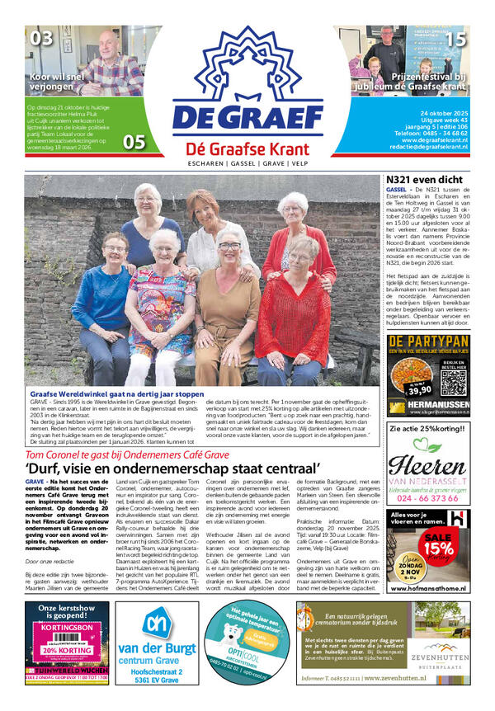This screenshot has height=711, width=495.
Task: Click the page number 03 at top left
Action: click(41, 37)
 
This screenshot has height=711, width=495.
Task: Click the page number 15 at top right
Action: click(456, 37)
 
